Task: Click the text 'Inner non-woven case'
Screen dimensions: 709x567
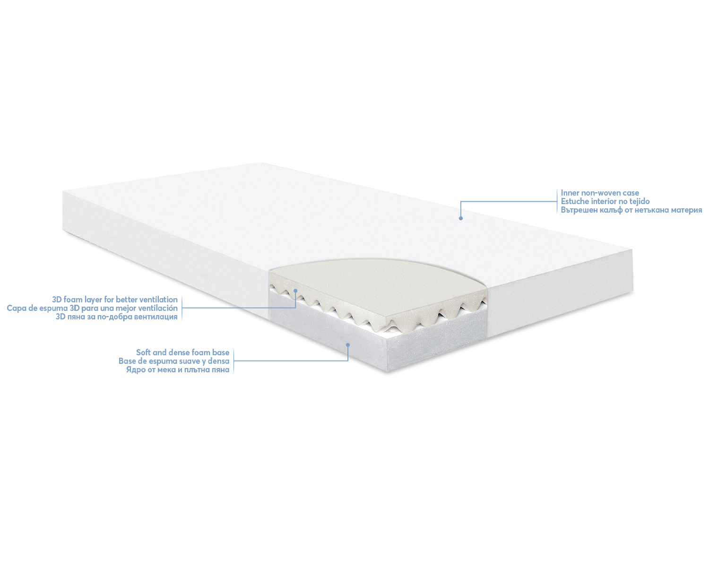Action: click(x=600, y=193)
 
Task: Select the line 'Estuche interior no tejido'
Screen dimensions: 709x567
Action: click(x=605, y=201)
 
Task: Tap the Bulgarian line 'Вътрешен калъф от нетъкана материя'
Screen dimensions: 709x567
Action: click(x=631, y=210)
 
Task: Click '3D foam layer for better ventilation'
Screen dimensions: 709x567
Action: click(x=115, y=300)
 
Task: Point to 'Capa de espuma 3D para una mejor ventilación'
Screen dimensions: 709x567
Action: click(x=92, y=308)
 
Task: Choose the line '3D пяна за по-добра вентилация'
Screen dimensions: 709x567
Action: click(x=116, y=317)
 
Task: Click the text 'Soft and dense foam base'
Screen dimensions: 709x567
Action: click(x=182, y=352)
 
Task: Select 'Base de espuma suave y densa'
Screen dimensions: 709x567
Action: click(x=174, y=361)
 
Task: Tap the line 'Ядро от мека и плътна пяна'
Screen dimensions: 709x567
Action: click(x=178, y=369)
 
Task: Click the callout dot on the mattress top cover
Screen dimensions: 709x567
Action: click(x=460, y=218)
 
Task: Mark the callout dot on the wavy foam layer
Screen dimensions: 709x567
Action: click(x=295, y=291)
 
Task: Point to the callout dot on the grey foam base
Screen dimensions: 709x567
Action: click(x=347, y=344)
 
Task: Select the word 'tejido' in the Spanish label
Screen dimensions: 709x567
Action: click(x=639, y=201)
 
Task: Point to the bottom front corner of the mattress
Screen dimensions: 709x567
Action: click(x=388, y=372)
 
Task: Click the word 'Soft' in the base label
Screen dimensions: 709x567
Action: click(x=144, y=352)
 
